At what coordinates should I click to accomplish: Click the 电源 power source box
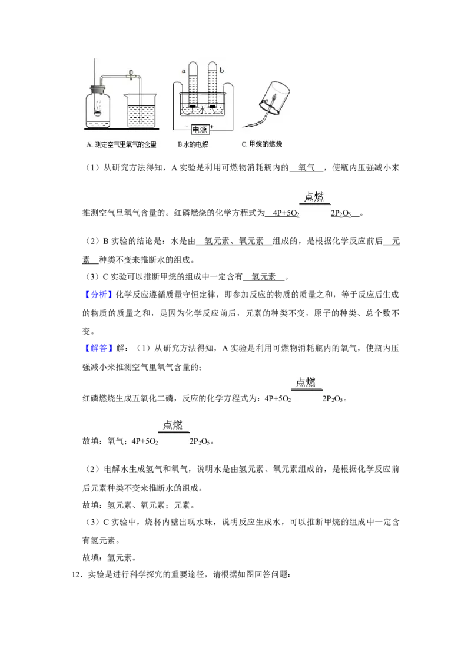pyautogui.click(x=200, y=130)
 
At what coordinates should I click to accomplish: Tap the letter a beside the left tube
pyautogui.click(x=184, y=71)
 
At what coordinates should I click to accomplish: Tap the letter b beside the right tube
pyautogui.click(x=221, y=71)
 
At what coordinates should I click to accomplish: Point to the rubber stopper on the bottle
pyautogui.click(x=98, y=91)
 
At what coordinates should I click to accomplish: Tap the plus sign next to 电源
pyautogui.click(x=212, y=127)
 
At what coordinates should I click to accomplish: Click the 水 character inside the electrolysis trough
pyautogui.click(x=202, y=110)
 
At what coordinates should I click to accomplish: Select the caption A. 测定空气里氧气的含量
pyautogui.click(x=121, y=144)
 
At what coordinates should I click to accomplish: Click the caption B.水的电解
pyautogui.click(x=193, y=144)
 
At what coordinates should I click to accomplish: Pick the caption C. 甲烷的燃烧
pyautogui.click(x=262, y=144)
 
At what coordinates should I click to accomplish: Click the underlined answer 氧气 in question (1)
pyautogui.click(x=306, y=167)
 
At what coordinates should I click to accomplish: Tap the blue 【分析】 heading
pyautogui.click(x=97, y=295)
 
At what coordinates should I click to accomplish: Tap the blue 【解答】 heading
pyautogui.click(x=97, y=348)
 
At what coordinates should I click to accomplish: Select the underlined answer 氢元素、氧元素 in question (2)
pyautogui.click(x=234, y=242)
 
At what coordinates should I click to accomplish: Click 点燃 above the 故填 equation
pyautogui.click(x=173, y=424)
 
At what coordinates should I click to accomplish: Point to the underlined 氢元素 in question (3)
pyautogui.click(x=264, y=278)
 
